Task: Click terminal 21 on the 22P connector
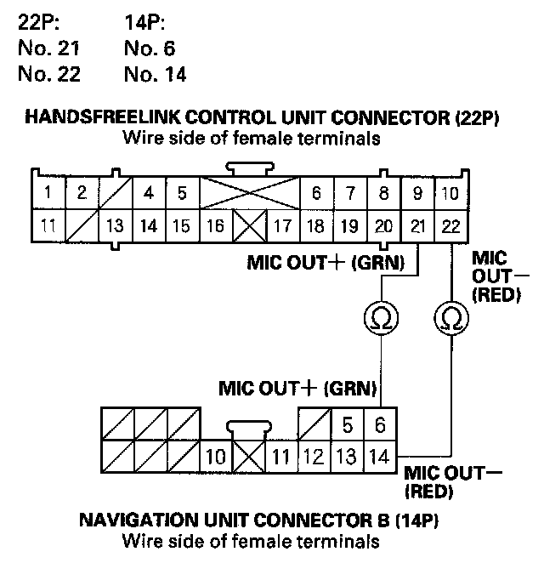point(417,227)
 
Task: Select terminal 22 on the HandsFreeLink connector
point(450,227)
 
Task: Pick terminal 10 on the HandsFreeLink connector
point(450,193)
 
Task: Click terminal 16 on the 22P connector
point(216,227)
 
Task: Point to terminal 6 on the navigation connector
point(381,424)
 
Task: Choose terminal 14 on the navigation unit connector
point(381,457)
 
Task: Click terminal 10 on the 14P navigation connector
point(215,457)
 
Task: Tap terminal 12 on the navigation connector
point(313,457)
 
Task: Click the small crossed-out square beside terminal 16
point(249,227)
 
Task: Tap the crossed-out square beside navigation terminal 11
point(248,457)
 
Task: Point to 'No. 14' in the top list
point(155,74)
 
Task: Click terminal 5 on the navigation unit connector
point(347,424)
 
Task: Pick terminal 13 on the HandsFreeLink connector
point(115,227)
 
